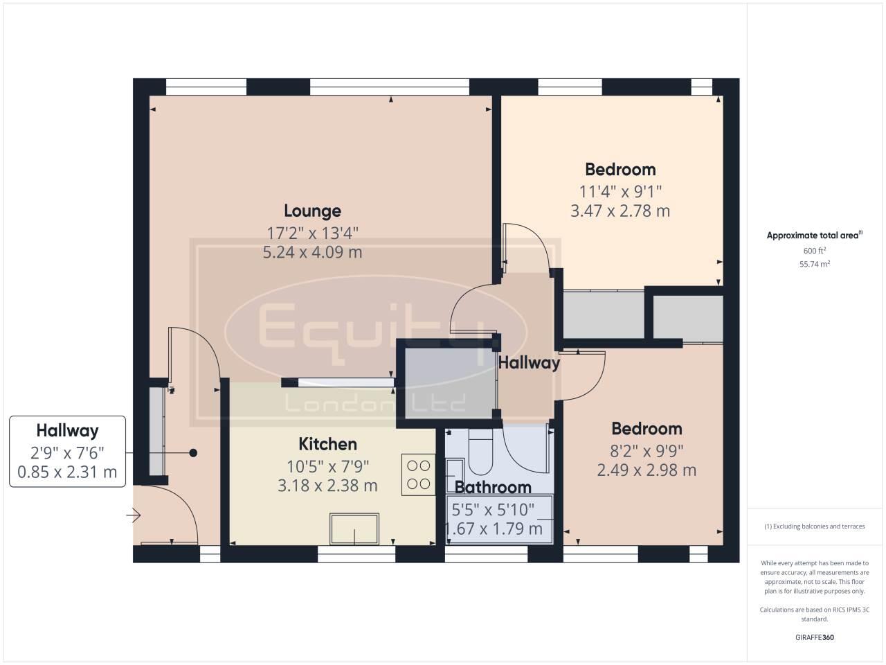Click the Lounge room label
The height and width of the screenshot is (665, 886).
312,211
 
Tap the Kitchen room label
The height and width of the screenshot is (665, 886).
327,444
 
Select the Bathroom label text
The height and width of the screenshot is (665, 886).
493,488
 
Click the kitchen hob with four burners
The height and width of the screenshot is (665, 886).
418,475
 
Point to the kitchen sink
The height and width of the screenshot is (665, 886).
354,530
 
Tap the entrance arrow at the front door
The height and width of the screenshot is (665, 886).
134,515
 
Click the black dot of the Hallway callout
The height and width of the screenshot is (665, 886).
194,453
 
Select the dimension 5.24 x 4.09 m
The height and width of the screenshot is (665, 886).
312,252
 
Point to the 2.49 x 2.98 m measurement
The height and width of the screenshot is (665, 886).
647,470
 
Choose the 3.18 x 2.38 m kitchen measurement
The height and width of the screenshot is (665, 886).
327,486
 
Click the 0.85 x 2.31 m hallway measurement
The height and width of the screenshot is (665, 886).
67,473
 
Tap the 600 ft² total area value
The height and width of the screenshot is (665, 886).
815,251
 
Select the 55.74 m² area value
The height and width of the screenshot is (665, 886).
815,264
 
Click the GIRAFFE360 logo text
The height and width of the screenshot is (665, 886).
815,637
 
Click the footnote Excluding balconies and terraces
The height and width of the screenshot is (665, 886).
815,526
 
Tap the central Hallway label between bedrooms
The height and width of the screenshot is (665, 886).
529,362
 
